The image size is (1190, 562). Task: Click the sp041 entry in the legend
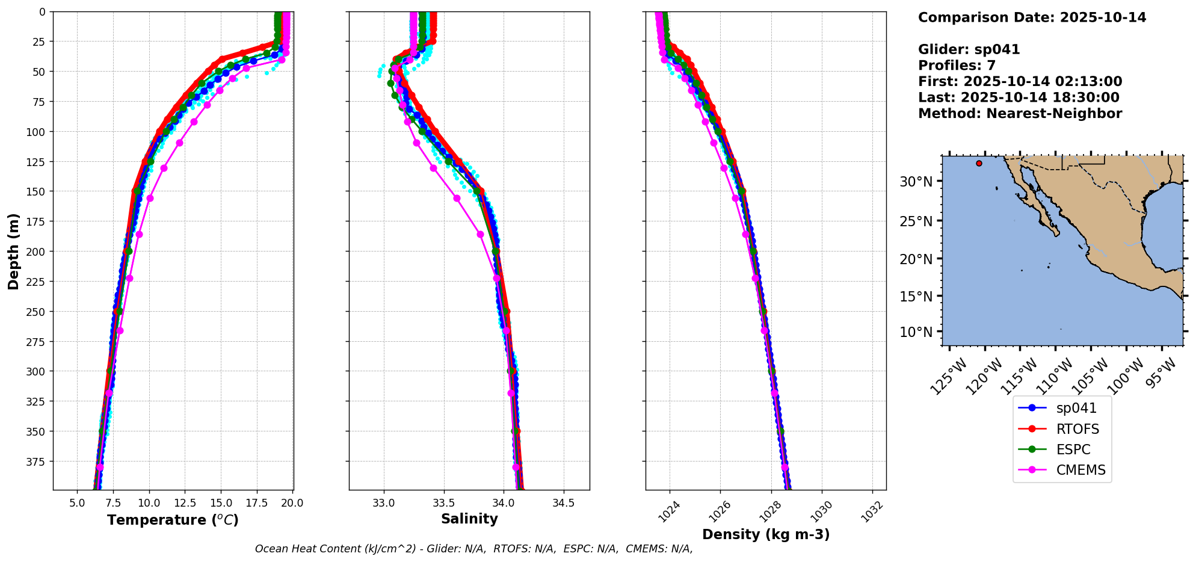tap(1076, 408)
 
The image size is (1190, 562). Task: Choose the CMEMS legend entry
tap(1081, 470)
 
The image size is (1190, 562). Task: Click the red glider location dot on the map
tap(979, 163)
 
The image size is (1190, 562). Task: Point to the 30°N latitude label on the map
tap(916, 182)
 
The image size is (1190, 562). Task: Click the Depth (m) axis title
tap(13, 251)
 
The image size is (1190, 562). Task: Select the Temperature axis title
tap(173, 520)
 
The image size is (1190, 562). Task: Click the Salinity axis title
tap(469, 519)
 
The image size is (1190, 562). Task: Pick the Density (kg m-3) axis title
tap(766, 534)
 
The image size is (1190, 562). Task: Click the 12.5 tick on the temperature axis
tap(185, 503)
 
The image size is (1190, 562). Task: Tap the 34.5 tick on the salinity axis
tap(563, 503)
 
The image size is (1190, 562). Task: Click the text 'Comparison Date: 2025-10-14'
tap(1032, 17)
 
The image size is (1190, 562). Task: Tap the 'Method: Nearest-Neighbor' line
tap(1020, 114)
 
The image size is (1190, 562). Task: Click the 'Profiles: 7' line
tap(957, 66)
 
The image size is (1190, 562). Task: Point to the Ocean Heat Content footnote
tap(473, 549)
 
